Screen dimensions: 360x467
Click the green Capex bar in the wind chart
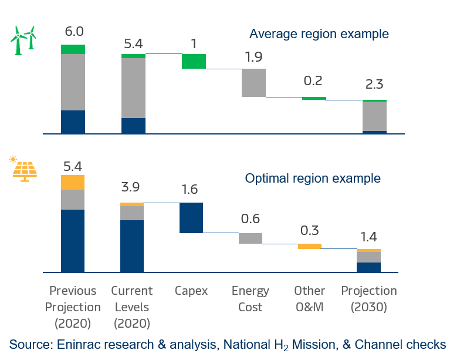click(x=194, y=61)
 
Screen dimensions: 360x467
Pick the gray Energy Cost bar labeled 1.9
click(x=253, y=83)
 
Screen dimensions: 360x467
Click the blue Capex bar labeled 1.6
click(x=191, y=218)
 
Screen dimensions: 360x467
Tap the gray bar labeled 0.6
click(x=251, y=238)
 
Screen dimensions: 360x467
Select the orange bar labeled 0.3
click(x=310, y=246)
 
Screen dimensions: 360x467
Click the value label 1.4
click(x=369, y=237)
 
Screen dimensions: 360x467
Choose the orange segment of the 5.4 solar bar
click(x=73, y=183)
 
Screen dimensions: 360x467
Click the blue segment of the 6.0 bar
click(x=73, y=122)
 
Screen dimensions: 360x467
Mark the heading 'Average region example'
click(x=319, y=33)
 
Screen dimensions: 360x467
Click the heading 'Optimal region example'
click(x=313, y=178)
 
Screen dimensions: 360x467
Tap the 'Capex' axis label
click(x=191, y=291)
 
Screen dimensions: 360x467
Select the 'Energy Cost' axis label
click(x=251, y=299)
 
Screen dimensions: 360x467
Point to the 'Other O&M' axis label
click(x=310, y=299)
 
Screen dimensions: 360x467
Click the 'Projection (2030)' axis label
click(x=369, y=299)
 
